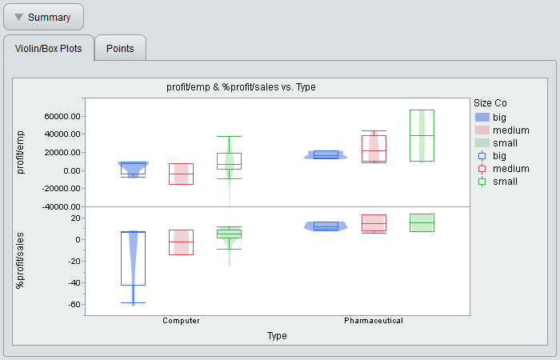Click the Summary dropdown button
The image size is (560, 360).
click(43, 17)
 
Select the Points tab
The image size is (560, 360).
click(120, 48)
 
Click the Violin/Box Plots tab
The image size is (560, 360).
click(49, 48)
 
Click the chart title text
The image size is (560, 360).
click(241, 87)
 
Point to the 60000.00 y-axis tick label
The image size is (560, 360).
click(62, 117)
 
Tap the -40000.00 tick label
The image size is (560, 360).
click(61, 206)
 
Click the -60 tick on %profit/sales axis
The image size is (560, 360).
click(74, 305)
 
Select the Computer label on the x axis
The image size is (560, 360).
click(181, 321)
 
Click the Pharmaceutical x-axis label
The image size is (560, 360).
click(374, 321)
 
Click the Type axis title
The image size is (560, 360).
click(277, 336)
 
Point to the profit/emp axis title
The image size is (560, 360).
click(20, 153)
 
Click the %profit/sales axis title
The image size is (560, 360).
click(20, 261)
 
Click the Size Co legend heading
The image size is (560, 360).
click(490, 103)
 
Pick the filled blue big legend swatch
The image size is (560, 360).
click(482, 117)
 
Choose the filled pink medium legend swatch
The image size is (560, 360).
click(482, 130)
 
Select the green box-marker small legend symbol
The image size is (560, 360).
click(482, 182)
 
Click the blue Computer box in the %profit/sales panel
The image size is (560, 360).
click(134, 258)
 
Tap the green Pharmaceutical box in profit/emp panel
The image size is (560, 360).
click(422, 136)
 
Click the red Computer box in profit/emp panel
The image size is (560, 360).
click(181, 174)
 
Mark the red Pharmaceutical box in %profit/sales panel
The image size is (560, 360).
click(374, 223)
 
